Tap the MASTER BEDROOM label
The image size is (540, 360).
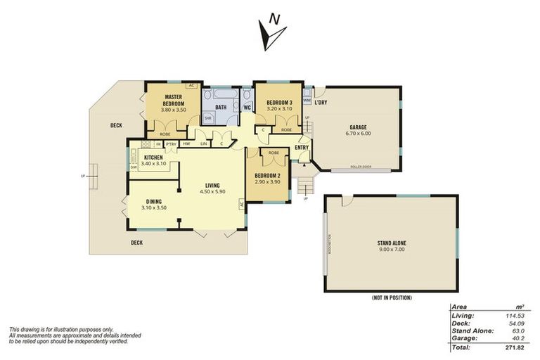pyautogui.click(x=174, y=100)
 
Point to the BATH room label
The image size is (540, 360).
pyautogui.click(x=221, y=108)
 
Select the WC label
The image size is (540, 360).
pyautogui.click(x=247, y=108)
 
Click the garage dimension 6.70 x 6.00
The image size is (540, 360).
pyautogui.click(x=357, y=133)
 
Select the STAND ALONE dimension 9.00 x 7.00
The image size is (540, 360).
pyautogui.click(x=391, y=250)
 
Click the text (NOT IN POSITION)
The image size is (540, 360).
pyautogui.click(x=391, y=298)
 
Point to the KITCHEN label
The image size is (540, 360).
pyautogui.click(x=153, y=157)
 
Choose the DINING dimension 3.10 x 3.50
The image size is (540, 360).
pyautogui.click(x=153, y=208)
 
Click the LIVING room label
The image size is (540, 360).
pyautogui.click(x=212, y=186)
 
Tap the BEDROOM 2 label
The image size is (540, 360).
pyautogui.click(x=268, y=175)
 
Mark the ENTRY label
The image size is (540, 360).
pyautogui.click(x=301, y=147)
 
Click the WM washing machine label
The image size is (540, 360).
pyautogui.click(x=307, y=101)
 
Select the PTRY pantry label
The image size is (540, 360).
pyautogui.click(x=171, y=144)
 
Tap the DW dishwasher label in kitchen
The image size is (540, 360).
pyautogui.click(x=133, y=167)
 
